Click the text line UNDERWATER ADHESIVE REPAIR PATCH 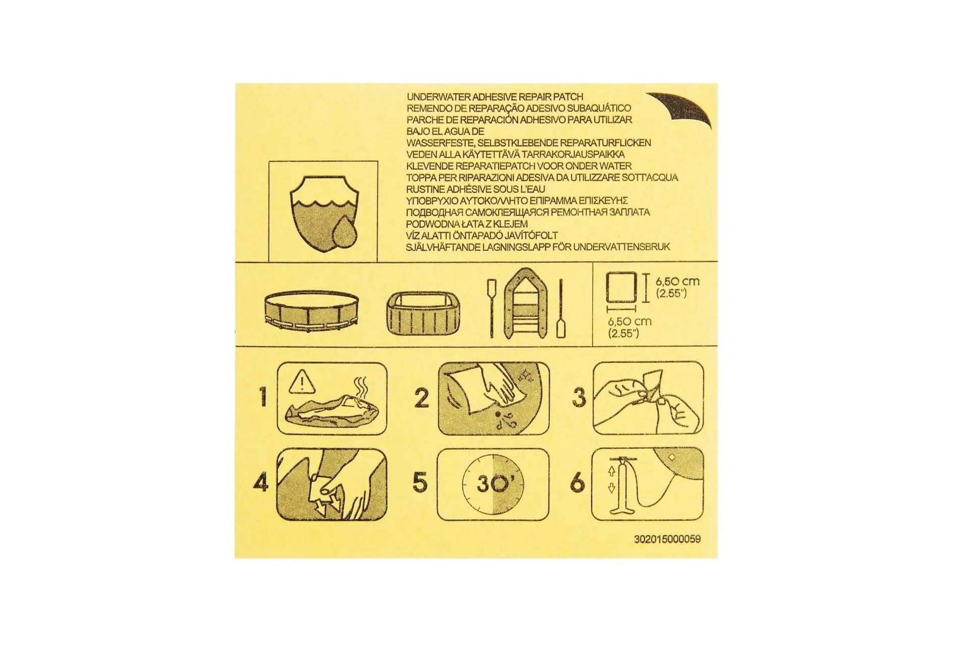(x=495, y=96)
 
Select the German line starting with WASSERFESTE (x=528, y=143)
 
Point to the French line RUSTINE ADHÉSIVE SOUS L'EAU (x=475, y=189)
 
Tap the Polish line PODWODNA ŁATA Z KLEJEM (x=467, y=224)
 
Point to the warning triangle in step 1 (x=302, y=382)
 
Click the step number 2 (x=421, y=398)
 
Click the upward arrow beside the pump (x=612, y=471)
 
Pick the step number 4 (x=261, y=483)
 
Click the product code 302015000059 (x=667, y=539)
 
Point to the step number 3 (x=579, y=397)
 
